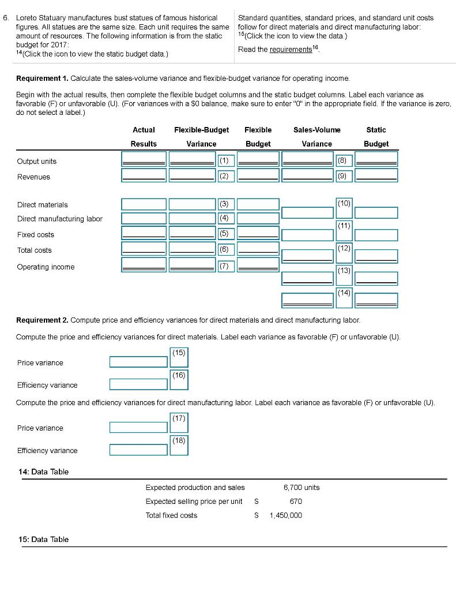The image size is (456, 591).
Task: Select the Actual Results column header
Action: pos(144,137)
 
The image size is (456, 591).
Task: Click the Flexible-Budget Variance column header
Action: pos(201,137)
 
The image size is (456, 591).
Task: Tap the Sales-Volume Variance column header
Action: pos(316,137)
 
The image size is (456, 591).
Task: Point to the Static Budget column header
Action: pos(376,137)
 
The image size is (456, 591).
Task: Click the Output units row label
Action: pos(37,162)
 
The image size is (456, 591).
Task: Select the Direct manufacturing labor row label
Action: pos(60,219)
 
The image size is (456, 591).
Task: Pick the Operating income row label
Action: pos(46,267)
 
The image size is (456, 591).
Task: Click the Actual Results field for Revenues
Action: pos(144,175)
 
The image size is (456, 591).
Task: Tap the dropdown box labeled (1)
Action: pos(225,159)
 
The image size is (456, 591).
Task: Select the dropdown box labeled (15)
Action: pos(179,358)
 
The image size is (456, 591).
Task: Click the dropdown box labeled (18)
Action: pos(179,446)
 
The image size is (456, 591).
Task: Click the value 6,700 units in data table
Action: pos(301,488)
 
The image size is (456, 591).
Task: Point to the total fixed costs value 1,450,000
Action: pos(285,515)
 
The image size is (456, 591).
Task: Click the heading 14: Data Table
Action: pos(44,472)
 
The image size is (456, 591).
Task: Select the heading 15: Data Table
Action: pos(44,540)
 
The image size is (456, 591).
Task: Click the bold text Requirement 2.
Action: pos(43,320)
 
